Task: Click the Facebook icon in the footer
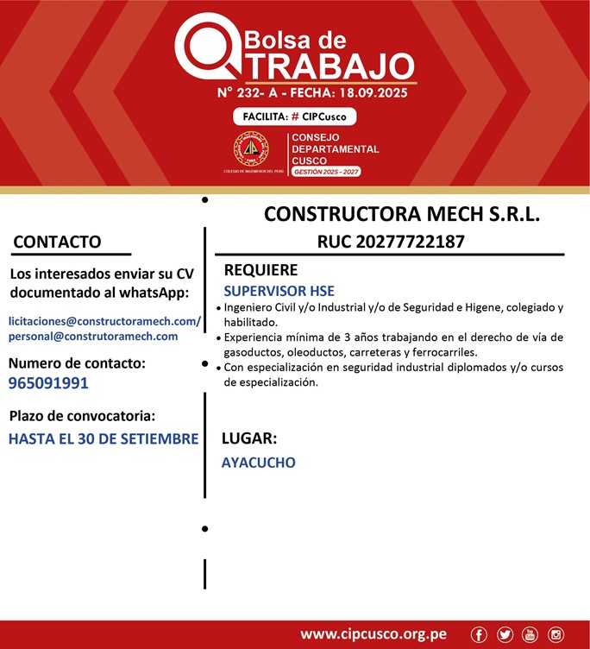480,635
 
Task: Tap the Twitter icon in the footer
505,635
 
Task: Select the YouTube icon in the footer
530,635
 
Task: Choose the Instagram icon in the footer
555,635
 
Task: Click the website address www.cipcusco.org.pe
373,634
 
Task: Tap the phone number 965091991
48,382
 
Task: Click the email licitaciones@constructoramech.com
104,320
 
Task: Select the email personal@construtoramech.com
93,337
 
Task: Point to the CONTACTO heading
57,242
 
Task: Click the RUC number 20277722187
391,242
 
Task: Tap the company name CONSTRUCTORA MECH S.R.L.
402,214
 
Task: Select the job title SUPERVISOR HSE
279,290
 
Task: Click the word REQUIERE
260,269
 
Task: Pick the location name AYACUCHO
258,463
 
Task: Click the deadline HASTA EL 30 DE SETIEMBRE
104,438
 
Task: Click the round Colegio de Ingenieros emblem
251,149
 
